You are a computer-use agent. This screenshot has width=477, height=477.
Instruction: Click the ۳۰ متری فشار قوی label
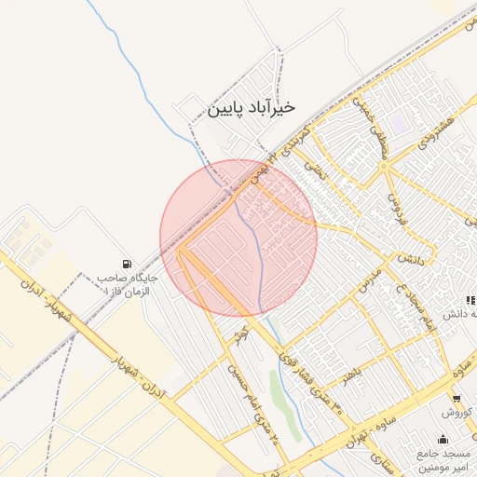304,368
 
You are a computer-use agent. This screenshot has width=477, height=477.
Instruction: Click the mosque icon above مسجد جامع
441,439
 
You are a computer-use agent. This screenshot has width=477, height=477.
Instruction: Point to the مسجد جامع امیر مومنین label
448,459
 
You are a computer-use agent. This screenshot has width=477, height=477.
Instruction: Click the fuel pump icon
127,264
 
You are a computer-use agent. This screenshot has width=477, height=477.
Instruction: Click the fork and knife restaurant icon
470,300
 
